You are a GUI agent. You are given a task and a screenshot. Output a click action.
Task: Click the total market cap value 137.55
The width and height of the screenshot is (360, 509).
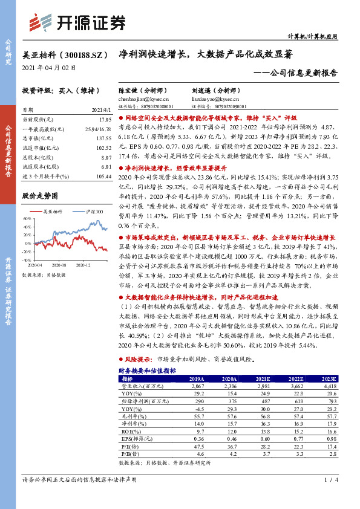pyautogui.click(x=103, y=138)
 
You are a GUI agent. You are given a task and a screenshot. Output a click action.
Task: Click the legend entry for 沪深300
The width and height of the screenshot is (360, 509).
pyautogui.click(x=93, y=212)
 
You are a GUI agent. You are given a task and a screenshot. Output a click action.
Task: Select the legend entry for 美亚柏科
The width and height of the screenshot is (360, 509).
pyautogui.click(x=54, y=212)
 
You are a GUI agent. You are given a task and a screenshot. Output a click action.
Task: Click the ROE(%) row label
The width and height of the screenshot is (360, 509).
pyautogui.click(x=129, y=432)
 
